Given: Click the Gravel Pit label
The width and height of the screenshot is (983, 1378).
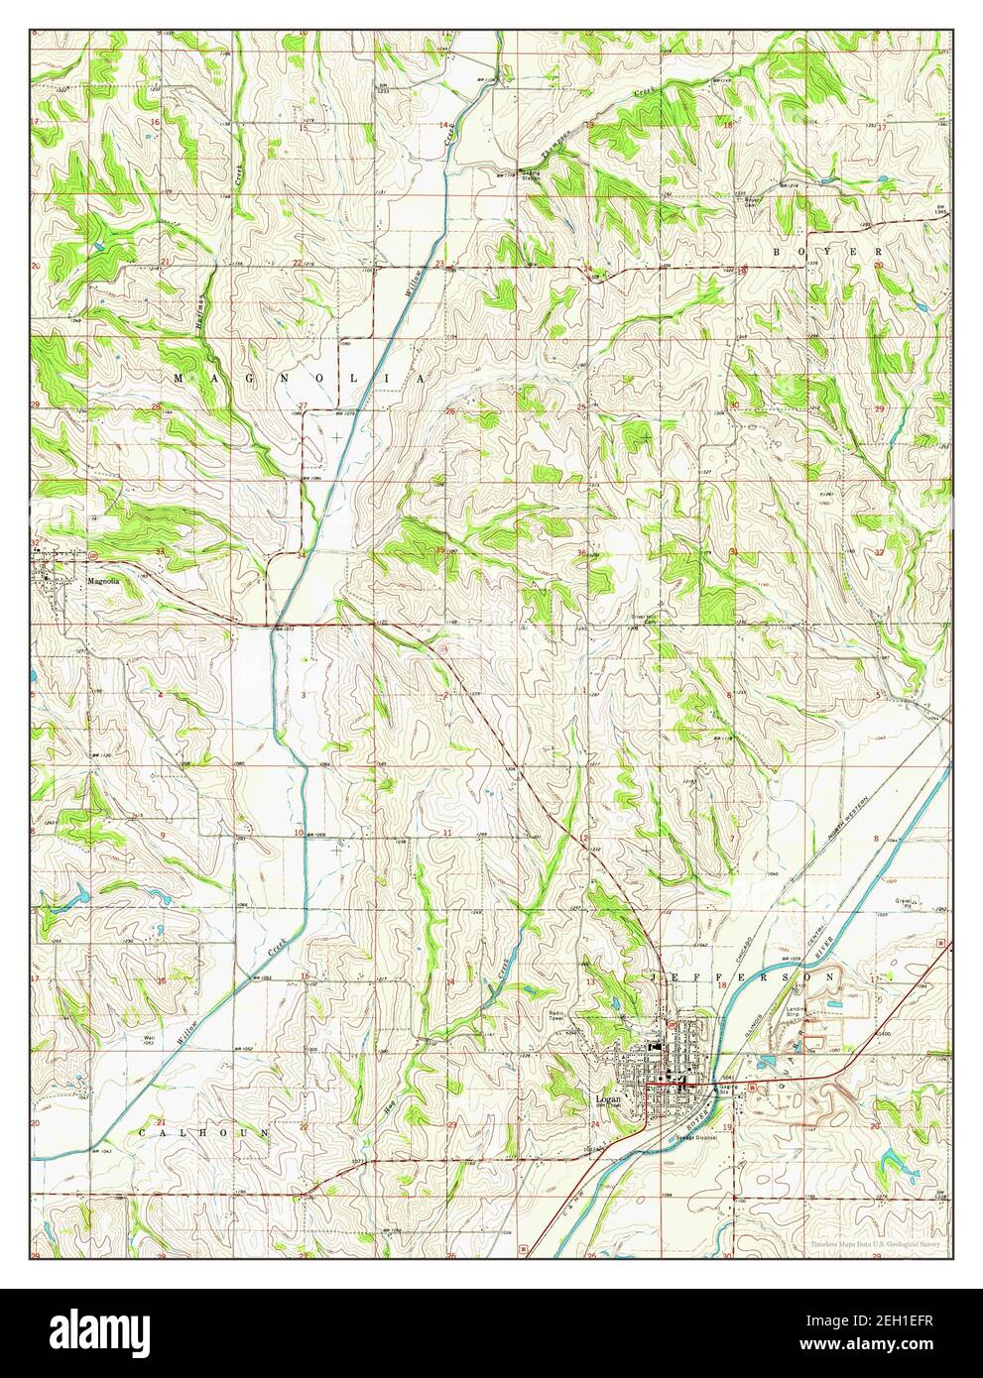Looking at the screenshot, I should (x=904, y=904).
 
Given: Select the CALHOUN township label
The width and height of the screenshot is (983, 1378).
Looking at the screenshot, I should (x=203, y=1131).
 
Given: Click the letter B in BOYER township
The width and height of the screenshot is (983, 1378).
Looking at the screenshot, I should (x=778, y=253).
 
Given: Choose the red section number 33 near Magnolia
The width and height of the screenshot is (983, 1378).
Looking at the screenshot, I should (x=159, y=551).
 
